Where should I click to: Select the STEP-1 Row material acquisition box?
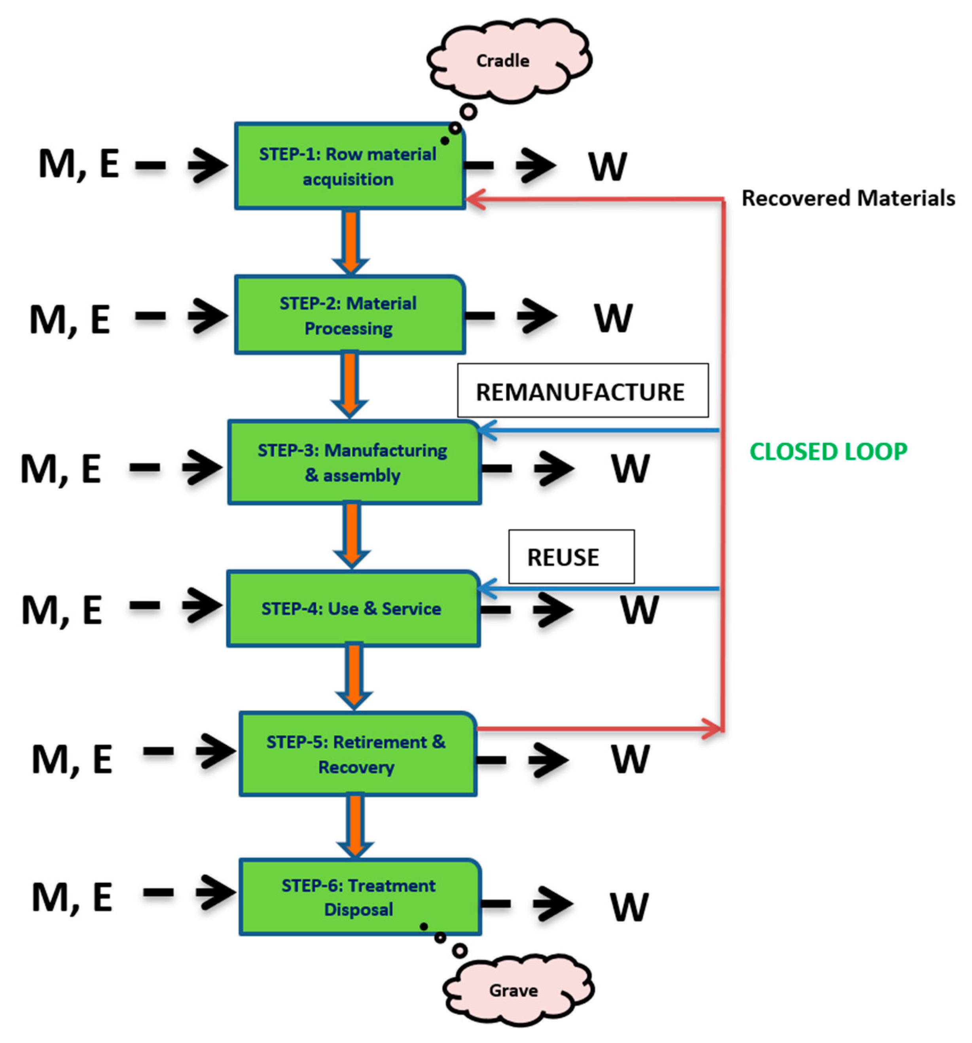(x=349, y=166)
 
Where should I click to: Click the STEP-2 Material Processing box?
(x=349, y=315)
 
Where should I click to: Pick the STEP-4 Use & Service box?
(x=352, y=609)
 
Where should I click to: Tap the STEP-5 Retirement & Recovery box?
(x=357, y=754)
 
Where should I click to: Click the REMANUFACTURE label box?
(x=582, y=391)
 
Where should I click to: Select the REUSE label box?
(x=571, y=557)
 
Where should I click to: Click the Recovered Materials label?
(x=848, y=198)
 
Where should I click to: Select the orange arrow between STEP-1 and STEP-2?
(x=351, y=241)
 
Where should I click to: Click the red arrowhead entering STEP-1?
(x=475, y=199)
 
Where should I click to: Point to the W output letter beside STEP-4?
(x=639, y=610)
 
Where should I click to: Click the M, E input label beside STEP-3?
(x=61, y=468)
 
